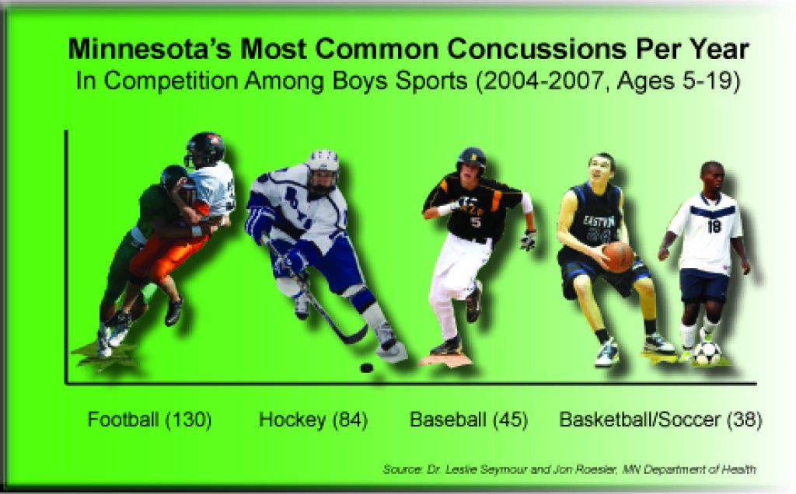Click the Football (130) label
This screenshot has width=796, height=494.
tap(149, 420)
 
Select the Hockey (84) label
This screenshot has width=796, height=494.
tap(313, 420)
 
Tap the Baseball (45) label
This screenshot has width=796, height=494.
tap(469, 420)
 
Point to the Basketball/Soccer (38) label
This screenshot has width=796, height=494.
tap(661, 420)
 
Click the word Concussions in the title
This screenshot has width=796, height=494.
tap(537, 49)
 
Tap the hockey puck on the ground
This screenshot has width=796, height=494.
tap(367, 367)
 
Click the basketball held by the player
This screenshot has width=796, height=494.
tap(618, 256)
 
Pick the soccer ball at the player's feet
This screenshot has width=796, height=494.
tap(707, 353)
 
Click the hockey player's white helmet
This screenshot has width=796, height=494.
tap(323, 167)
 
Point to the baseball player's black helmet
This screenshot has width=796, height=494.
tap(471, 159)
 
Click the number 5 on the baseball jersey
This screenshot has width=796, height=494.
tap(475, 222)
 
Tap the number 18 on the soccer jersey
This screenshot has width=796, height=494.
tap(714, 226)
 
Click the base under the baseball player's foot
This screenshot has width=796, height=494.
tap(445, 360)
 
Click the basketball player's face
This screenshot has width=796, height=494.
tap(601, 172)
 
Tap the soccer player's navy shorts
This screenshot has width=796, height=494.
tap(704, 286)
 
